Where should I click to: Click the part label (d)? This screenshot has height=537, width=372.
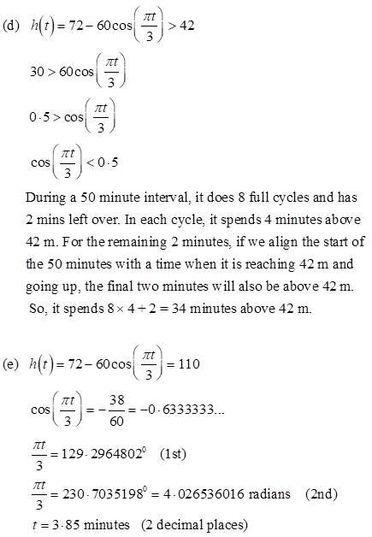pos(12,25)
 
